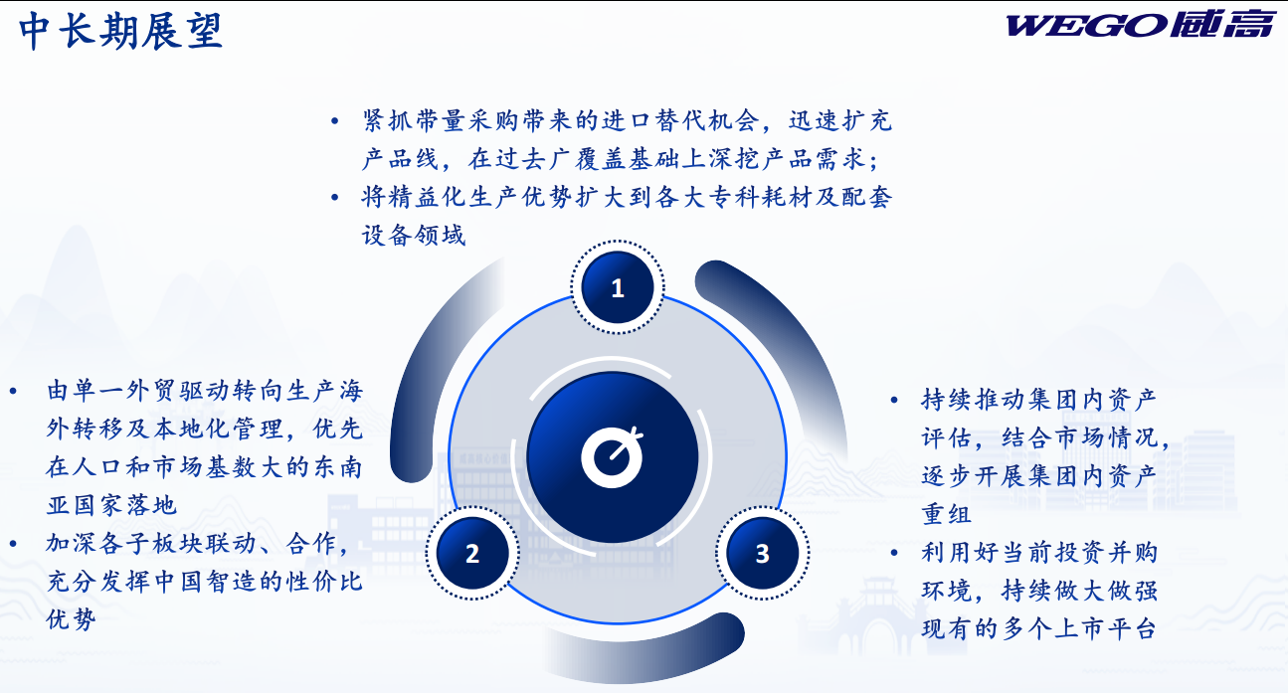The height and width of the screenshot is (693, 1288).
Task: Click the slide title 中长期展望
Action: pos(120,31)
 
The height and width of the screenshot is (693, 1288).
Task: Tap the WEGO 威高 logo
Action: pos(1139,25)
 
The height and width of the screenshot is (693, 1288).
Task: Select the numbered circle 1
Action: pos(618,287)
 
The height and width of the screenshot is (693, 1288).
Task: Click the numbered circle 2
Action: pos(472,553)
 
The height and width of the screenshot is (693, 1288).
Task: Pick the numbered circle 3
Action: pos(763,553)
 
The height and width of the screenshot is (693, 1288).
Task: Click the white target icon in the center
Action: pos(612,457)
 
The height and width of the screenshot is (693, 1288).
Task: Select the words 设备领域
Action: pos(414,235)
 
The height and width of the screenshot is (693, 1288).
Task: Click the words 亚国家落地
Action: pos(111,505)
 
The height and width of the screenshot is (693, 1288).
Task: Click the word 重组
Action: pos(947,514)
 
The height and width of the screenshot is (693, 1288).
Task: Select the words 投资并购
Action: pos(1078,552)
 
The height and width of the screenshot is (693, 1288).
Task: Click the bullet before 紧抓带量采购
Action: pos(334,121)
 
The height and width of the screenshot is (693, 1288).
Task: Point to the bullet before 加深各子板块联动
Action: pos(13,544)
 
